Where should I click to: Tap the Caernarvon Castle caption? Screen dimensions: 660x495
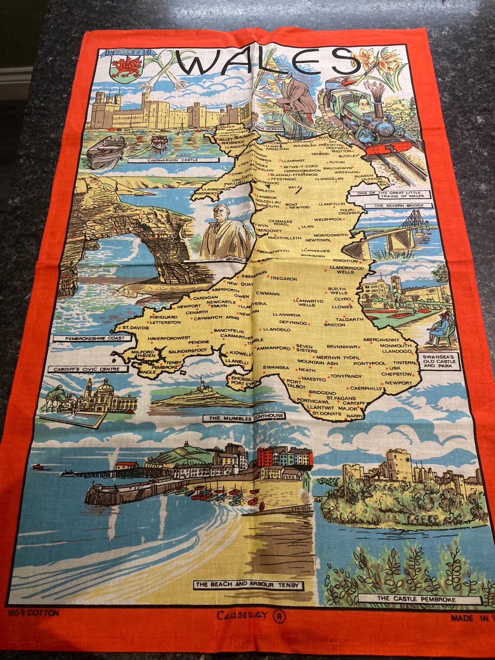[170, 160]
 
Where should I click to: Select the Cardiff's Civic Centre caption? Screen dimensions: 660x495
[87, 369]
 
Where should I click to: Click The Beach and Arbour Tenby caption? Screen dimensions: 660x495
[247, 585]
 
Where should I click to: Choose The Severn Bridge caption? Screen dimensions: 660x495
[399, 206]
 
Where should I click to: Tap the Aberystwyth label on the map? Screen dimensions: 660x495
[273, 251]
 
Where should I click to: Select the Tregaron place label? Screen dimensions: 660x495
[284, 278]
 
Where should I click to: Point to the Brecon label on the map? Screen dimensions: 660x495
[335, 324]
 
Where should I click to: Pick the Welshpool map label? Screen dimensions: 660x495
[328, 219]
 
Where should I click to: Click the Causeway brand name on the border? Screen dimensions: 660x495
[242, 615]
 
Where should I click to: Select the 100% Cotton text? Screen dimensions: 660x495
[33, 613]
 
